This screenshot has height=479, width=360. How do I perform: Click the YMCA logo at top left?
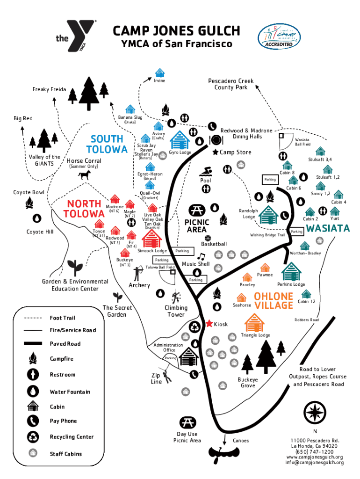click(x=76, y=37)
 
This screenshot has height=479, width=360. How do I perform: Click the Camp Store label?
click(x=235, y=152)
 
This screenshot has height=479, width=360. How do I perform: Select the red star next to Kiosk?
click(x=209, y=323)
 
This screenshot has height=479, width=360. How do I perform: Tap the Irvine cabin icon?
click(x=160, y=73)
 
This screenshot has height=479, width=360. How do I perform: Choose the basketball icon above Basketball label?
click(x=208, y=238)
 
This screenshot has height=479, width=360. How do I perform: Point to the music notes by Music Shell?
click(x=201, y=256)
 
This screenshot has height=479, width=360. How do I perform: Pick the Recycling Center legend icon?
click(x=33, y=436)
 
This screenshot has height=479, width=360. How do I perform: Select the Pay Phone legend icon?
click(x=33, y=421)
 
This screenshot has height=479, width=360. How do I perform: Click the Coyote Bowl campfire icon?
click(x=29, y=202)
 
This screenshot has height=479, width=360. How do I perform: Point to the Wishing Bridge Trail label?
click(x=267, y=235)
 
